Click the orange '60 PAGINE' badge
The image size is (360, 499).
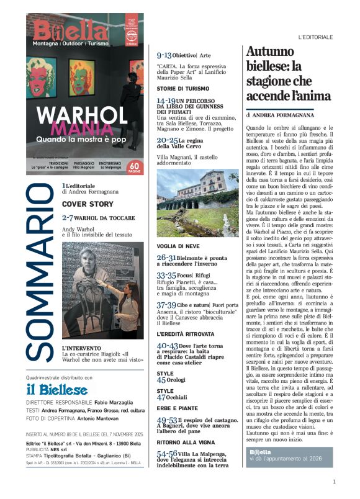point(135,166)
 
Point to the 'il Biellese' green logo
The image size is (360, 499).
point(56,390)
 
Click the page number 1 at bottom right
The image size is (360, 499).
point(334,481)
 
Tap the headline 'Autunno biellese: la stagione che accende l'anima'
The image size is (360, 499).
point(287,74)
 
